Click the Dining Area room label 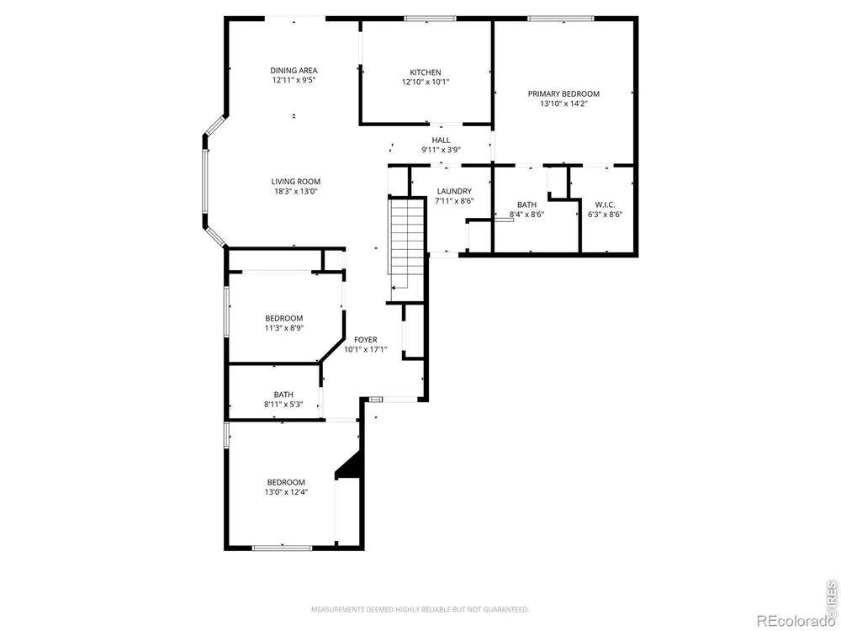point(294,71)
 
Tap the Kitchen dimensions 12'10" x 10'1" point(426,82)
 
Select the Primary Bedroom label point(563,94)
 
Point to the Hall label point(441,141)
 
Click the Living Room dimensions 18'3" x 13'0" point(295,191)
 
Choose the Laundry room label point(454,191)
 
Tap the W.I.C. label point(605,205)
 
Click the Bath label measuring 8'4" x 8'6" point(526,204)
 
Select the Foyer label point(365,340)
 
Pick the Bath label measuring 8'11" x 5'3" point(283,395)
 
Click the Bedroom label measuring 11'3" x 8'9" point(283,318)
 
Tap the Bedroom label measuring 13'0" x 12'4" point(286,482)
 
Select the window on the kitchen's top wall point(430,19)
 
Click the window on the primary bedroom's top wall point(560,19)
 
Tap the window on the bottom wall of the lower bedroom point(282,548)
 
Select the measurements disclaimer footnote point(420,609)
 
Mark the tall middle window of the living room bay point(205,181)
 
